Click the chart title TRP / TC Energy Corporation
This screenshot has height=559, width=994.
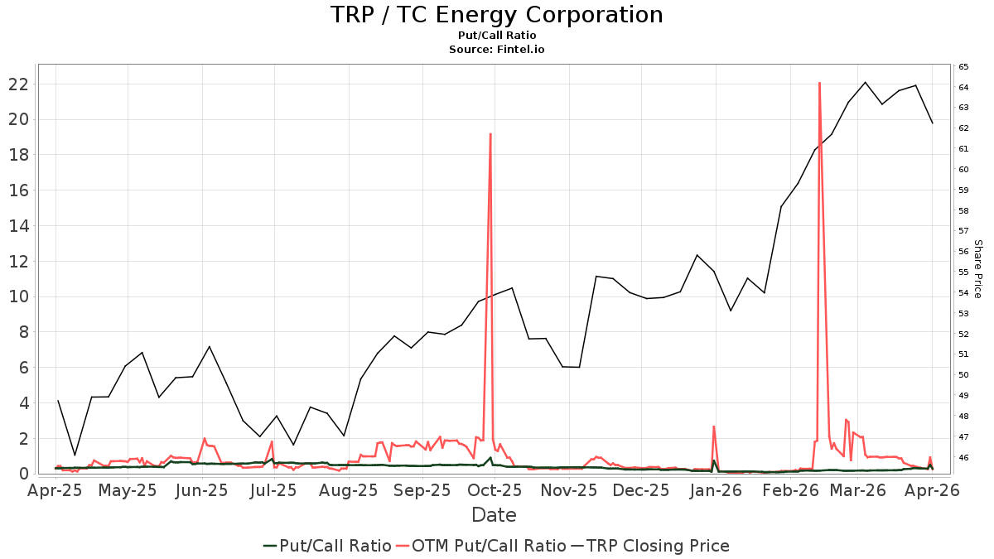[496, 15]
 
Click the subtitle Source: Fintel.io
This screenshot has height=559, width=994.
[496, 50]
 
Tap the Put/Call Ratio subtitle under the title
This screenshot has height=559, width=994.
[496, 36]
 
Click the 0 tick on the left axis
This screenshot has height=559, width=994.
[24, 474]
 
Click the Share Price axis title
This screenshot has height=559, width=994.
[977, 269]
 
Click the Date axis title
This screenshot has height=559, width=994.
[494, 515]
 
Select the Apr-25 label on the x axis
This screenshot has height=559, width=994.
[55, 490]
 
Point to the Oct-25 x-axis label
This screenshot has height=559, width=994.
[495, 490]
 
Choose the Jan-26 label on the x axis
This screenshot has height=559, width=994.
[715, 490]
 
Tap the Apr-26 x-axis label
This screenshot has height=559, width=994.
[933, 490]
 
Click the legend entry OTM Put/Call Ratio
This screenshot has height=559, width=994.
[489, 546]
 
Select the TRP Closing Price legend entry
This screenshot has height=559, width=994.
[658, 546]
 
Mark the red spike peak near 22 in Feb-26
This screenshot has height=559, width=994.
[819, 83]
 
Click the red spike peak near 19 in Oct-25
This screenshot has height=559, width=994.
[490, 134]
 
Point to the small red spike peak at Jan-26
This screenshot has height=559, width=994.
[714, 426]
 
